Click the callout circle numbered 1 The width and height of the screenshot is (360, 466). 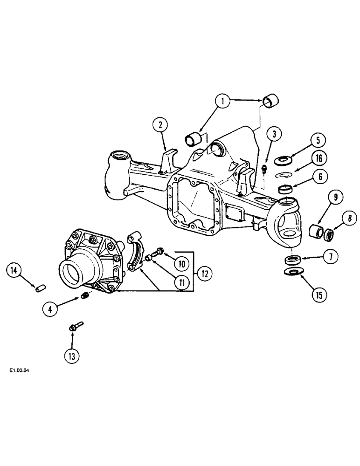[x=223, y=101]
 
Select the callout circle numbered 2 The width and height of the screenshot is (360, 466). [x=160, y=125]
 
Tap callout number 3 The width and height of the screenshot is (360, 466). [x=274, y=134]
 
